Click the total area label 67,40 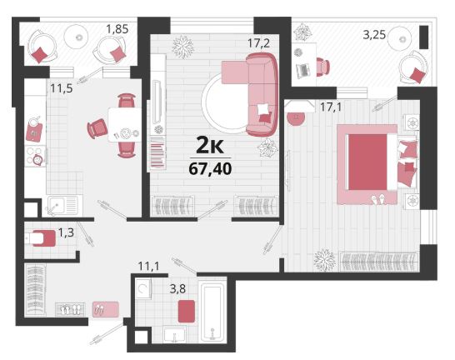pos(210,169)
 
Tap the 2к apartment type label pos(210,146)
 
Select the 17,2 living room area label pos(258,43)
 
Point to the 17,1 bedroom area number pos(331,107)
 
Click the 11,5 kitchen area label pos(62,88)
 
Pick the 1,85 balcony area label pos(117,29)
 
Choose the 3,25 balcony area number pos(374,35)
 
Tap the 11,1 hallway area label pos(148,266)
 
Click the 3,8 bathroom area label pos(177,288)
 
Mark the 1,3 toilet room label pos(66,232)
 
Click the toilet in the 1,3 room pos(40,238)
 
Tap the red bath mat pos(187,312)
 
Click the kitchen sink pos(62,206)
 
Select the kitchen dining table pos(125,125)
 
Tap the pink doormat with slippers pos(106,309)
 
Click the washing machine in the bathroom pos(143,288)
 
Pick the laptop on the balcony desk pos(303,71)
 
